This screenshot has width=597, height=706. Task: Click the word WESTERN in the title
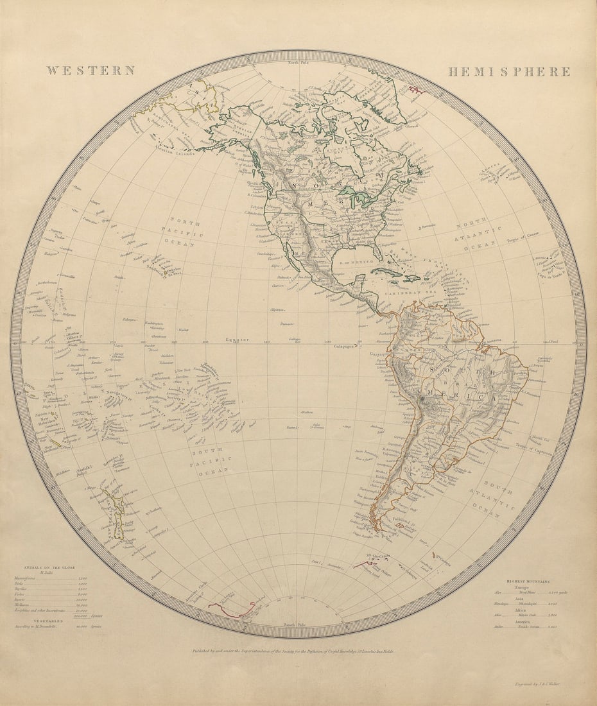90,71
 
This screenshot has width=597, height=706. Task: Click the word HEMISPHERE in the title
508,72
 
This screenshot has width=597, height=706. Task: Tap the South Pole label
298,624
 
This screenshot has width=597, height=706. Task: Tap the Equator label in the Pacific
237,340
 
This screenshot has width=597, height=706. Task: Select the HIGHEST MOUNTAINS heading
528,581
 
